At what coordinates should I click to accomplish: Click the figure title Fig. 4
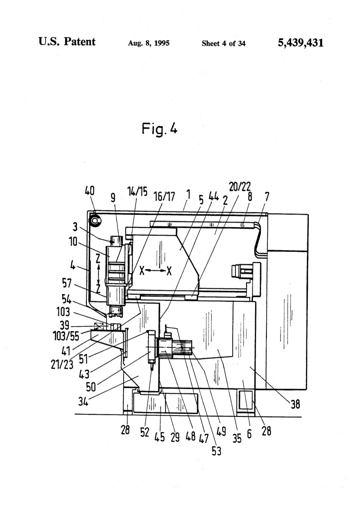[x=159, y=129]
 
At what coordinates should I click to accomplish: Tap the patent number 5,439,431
[x=300, y=43]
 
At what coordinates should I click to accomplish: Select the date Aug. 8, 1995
[x=148, y=43]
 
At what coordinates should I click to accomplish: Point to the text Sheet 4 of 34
[x=223, y=43]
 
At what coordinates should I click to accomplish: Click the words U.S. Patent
[x=67, y=41]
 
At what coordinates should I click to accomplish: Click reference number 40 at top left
[x=90, y=191]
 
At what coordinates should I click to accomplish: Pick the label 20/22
[x=240, y=186]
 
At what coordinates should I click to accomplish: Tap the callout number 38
[x=295, y=404]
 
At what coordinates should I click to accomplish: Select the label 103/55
[x=66, y=336]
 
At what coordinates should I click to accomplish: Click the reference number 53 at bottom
[x=216, y=451]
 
